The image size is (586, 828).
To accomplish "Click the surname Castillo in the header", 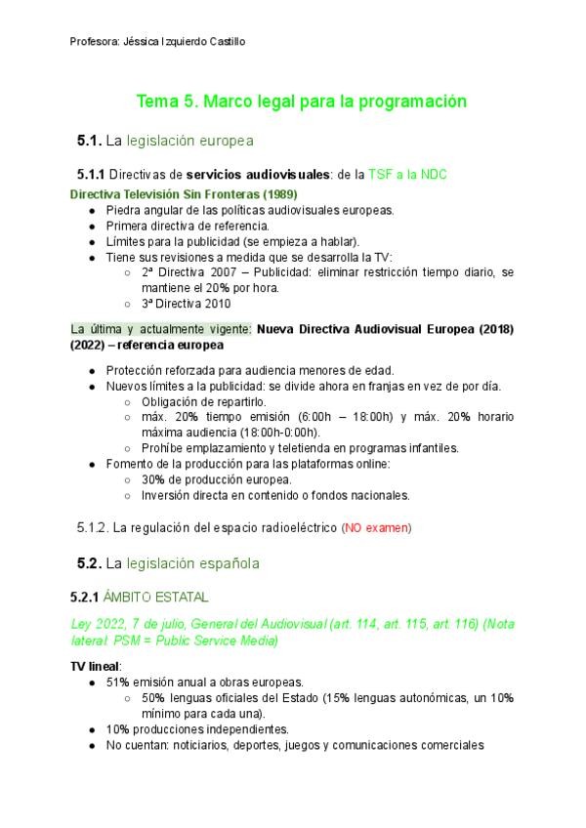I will pos(225,42).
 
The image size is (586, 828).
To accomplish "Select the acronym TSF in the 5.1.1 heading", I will pos(379,174).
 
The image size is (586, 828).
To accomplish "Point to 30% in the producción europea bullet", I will pos(154,479).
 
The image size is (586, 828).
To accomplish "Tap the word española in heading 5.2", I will pos(226,563).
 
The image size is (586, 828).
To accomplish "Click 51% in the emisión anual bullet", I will pos(119,682).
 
